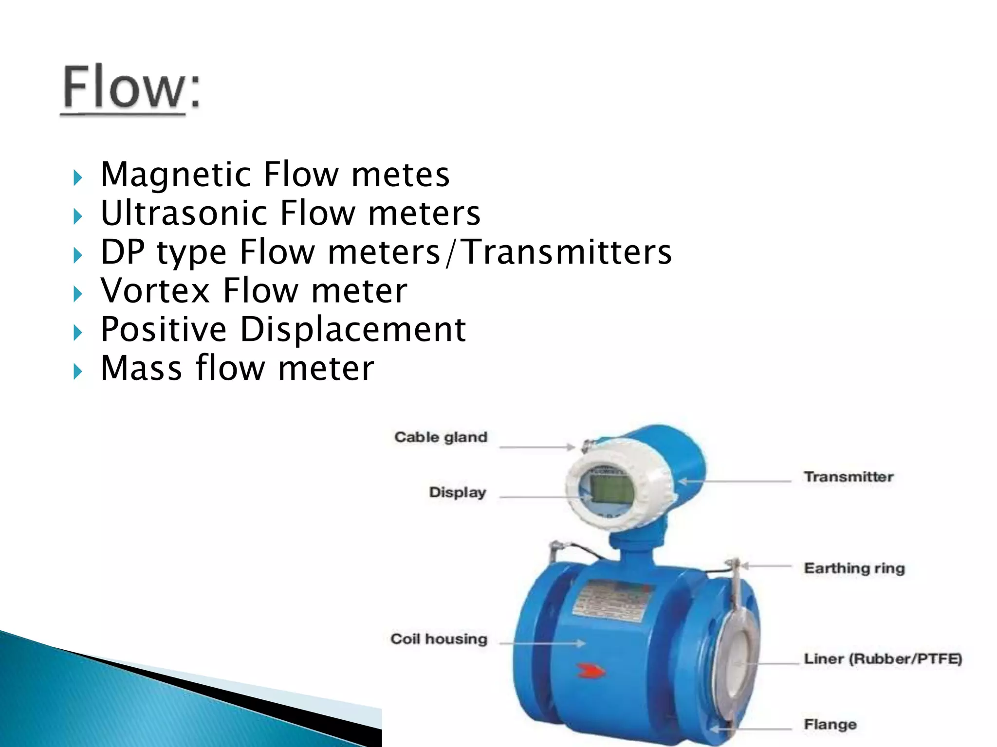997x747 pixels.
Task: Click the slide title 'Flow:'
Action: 130,88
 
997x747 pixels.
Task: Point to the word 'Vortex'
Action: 155,290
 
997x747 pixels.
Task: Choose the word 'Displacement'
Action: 353,329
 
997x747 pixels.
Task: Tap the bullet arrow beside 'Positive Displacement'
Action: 77,333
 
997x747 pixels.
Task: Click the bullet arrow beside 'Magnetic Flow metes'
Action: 77,178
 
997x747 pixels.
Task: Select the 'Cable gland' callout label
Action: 441,437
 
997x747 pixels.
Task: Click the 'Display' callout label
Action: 457,492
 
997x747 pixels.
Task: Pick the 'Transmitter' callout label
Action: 849,477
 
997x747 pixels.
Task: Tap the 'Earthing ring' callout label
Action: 854,568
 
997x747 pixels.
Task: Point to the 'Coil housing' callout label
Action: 439,639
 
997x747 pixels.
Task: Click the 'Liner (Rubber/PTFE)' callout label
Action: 883,659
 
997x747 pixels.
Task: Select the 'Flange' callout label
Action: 830,725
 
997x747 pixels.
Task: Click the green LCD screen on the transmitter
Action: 611,490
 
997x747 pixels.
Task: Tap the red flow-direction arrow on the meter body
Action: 590,672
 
